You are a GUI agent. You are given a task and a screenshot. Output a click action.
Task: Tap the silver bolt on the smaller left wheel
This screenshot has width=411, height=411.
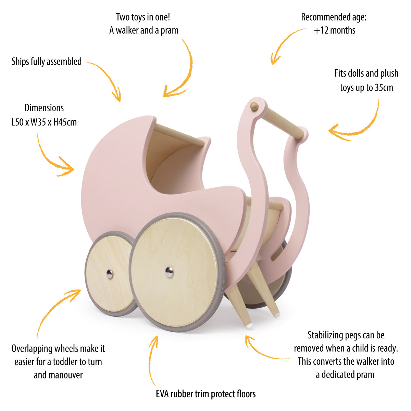[x=109, y=274]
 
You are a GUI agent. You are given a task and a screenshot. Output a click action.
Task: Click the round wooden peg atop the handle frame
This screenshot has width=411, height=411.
[x=254, y=107]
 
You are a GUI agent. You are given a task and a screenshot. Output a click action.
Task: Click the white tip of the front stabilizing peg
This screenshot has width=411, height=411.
[x=249, y=326]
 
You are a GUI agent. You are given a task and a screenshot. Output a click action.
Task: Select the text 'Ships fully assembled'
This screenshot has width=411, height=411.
[x=47, y=62]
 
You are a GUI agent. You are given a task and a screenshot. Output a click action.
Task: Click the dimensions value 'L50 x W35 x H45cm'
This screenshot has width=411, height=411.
[x=44, y=122]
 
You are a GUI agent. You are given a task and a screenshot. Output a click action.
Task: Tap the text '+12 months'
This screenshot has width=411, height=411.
[x=334, y=30]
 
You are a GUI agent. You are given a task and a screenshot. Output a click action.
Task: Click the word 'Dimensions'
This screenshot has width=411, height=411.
[x=44, y=108]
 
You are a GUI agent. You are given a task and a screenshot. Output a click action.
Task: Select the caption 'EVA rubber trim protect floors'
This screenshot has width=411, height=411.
[x=206, y=394]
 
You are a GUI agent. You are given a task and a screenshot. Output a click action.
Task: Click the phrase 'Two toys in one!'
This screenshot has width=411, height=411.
[x=143, y=17]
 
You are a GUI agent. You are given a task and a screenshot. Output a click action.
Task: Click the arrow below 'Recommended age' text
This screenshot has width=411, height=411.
[x=284, y=45]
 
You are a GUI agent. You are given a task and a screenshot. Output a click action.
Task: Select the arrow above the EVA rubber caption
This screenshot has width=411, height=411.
[x=153, y=360]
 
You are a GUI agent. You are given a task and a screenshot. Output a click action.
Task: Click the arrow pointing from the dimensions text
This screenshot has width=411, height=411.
[x=51, y=158]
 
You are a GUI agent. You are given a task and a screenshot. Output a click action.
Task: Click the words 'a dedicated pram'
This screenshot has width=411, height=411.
[x=345, y=375]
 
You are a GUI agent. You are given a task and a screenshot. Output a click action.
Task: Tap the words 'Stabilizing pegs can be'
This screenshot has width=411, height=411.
[x=346, y=335]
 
